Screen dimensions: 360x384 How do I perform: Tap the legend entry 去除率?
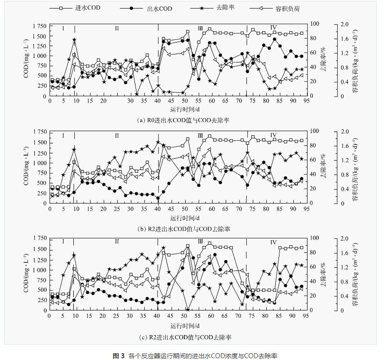[206, 8]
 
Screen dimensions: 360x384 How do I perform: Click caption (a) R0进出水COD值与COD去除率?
[183, 120]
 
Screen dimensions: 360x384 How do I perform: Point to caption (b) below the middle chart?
[183, 229]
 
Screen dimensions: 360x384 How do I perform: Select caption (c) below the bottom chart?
[183, 337]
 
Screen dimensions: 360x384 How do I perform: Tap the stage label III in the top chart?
[200, 28]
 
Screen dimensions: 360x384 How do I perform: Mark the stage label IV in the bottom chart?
[273, 243]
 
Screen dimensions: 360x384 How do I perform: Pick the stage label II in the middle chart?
[116, 135]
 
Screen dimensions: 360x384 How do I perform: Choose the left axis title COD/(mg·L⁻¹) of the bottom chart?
[26, 275]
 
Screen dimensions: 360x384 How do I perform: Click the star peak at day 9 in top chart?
[74, 40]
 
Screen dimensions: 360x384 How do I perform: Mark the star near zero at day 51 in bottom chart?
[187, 310]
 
